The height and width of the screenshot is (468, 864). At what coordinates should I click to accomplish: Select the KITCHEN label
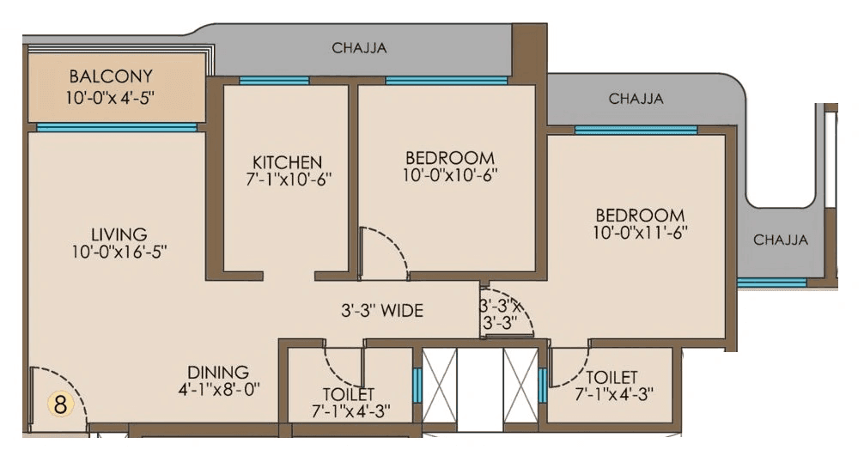(x=287, y=162)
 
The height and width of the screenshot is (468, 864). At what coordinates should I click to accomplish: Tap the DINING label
(x=218, y=372)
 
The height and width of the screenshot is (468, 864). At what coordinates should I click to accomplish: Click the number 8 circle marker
(x=60, y=404)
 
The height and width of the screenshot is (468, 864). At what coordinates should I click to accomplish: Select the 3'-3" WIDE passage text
(x=380, y=311)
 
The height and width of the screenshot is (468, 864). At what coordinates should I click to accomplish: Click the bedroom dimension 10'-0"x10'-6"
(x=450, y=175)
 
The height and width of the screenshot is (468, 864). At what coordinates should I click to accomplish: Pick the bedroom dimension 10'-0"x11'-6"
(x=640, y=232)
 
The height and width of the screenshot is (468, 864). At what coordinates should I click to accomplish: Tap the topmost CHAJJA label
(x=359, y=48)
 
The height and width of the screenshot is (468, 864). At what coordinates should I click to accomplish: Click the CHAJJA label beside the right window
(x=780, y=240)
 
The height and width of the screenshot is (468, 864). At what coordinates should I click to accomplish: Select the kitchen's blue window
(x=274, y=81)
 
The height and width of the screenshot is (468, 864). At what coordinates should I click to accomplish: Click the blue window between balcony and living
(x=116, y=127)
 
